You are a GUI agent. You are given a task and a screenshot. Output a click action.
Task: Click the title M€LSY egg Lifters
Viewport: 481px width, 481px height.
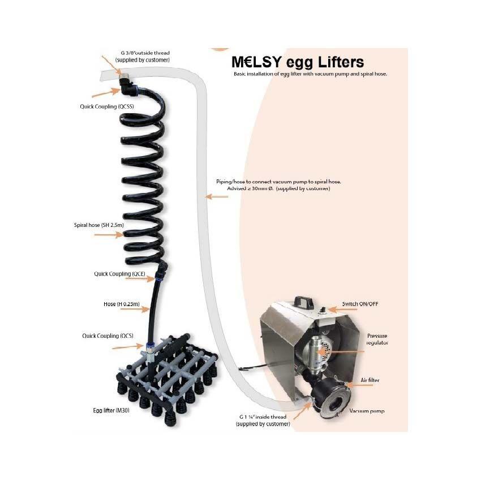tap(298, 62)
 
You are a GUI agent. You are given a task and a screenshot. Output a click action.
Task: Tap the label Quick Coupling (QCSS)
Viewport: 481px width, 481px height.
tap(107, 106)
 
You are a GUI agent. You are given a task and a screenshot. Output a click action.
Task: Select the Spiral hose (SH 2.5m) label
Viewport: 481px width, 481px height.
tap(99, 225)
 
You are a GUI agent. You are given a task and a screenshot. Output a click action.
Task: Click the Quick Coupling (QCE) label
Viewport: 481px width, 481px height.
tap(119, 274)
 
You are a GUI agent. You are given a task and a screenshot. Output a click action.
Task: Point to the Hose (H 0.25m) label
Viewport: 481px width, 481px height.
tap(122, 304)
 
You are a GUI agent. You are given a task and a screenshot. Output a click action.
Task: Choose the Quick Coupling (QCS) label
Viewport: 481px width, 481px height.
tap(108, 336)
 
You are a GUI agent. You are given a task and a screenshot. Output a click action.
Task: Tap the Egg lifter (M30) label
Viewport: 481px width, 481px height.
tap(111, 410)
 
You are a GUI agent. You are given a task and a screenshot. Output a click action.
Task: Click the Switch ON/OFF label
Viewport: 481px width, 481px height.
tap(360, 304)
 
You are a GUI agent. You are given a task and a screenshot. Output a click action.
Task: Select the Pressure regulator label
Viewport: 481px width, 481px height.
tap(377, 340)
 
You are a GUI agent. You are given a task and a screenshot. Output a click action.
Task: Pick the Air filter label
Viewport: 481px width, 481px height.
tap(370, 380)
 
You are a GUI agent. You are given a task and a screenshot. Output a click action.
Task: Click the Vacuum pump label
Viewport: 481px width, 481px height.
tap(367, 411)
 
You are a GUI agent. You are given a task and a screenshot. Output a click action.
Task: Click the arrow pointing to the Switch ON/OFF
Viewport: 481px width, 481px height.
tap(342, 309)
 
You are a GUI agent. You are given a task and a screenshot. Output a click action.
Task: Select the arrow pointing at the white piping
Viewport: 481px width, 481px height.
tap(217, 196)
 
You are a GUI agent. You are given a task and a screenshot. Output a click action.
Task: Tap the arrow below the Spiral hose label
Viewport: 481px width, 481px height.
tap(109, 235)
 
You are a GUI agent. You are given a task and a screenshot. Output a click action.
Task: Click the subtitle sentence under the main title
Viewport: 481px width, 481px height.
tap(310, 74)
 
